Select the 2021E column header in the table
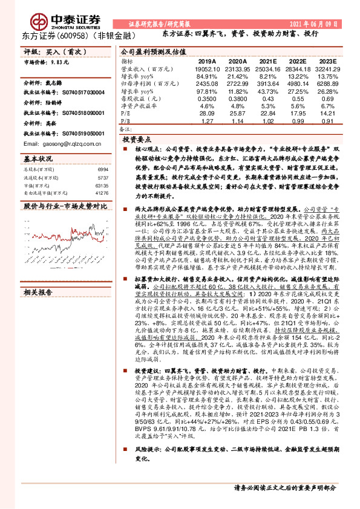(x=268, y=62)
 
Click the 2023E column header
(x=327, y=62)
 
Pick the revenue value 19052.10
(x=207, y=70)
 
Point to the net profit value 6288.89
(x=327, y=83)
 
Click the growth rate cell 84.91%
(x=207, y=77)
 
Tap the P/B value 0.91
(x=327, y=120)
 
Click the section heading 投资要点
(x=137, y=138)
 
